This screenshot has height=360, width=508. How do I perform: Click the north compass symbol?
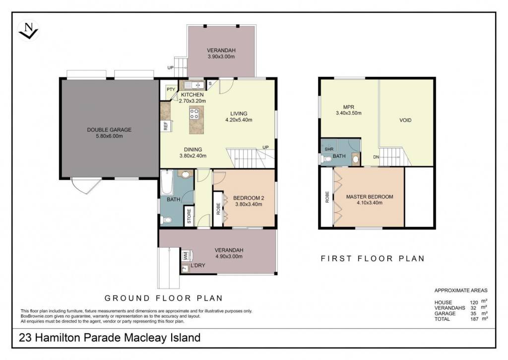[28, 30]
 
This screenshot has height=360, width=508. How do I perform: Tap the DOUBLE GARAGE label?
[109, 130]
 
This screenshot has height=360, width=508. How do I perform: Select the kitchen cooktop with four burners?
[194, 114]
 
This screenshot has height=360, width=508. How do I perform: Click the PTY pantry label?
[171, 89]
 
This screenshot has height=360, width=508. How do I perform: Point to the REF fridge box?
[165, 126]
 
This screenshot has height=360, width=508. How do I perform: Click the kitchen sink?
[193, 85]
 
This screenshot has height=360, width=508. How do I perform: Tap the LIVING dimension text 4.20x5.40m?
[239, 120]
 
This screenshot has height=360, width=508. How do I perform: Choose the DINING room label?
[193, 149]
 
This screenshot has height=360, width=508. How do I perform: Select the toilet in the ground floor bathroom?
[166, 220]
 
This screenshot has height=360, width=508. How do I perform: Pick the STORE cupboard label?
[189, 216]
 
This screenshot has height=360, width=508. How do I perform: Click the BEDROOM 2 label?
[249, 198]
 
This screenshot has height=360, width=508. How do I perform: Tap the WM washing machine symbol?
[186, 256]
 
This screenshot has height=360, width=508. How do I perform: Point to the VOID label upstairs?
[405, 120]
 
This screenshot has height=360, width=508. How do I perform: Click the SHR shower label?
[329, 149]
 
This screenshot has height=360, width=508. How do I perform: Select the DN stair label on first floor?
[376, 157]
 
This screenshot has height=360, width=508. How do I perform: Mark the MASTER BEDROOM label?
[370, 197]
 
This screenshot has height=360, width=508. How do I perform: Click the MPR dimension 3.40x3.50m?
[349, 113]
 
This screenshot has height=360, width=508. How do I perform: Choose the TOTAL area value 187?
[474, 319]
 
